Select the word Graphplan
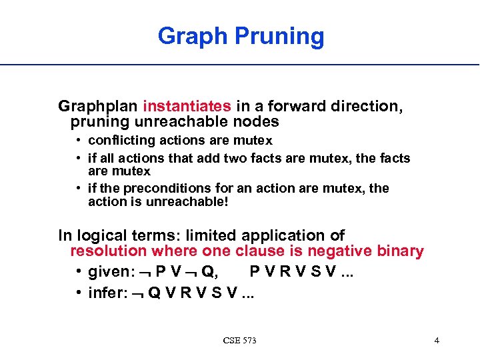pos(99,106)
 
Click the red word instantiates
pos(187,106)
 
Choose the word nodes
pos(256,122)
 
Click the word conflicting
pos(118,141)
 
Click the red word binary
pos(399,251)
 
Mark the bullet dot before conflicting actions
pos(79,141)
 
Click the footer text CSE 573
pos(240,341)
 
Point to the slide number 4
pos(437,341)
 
